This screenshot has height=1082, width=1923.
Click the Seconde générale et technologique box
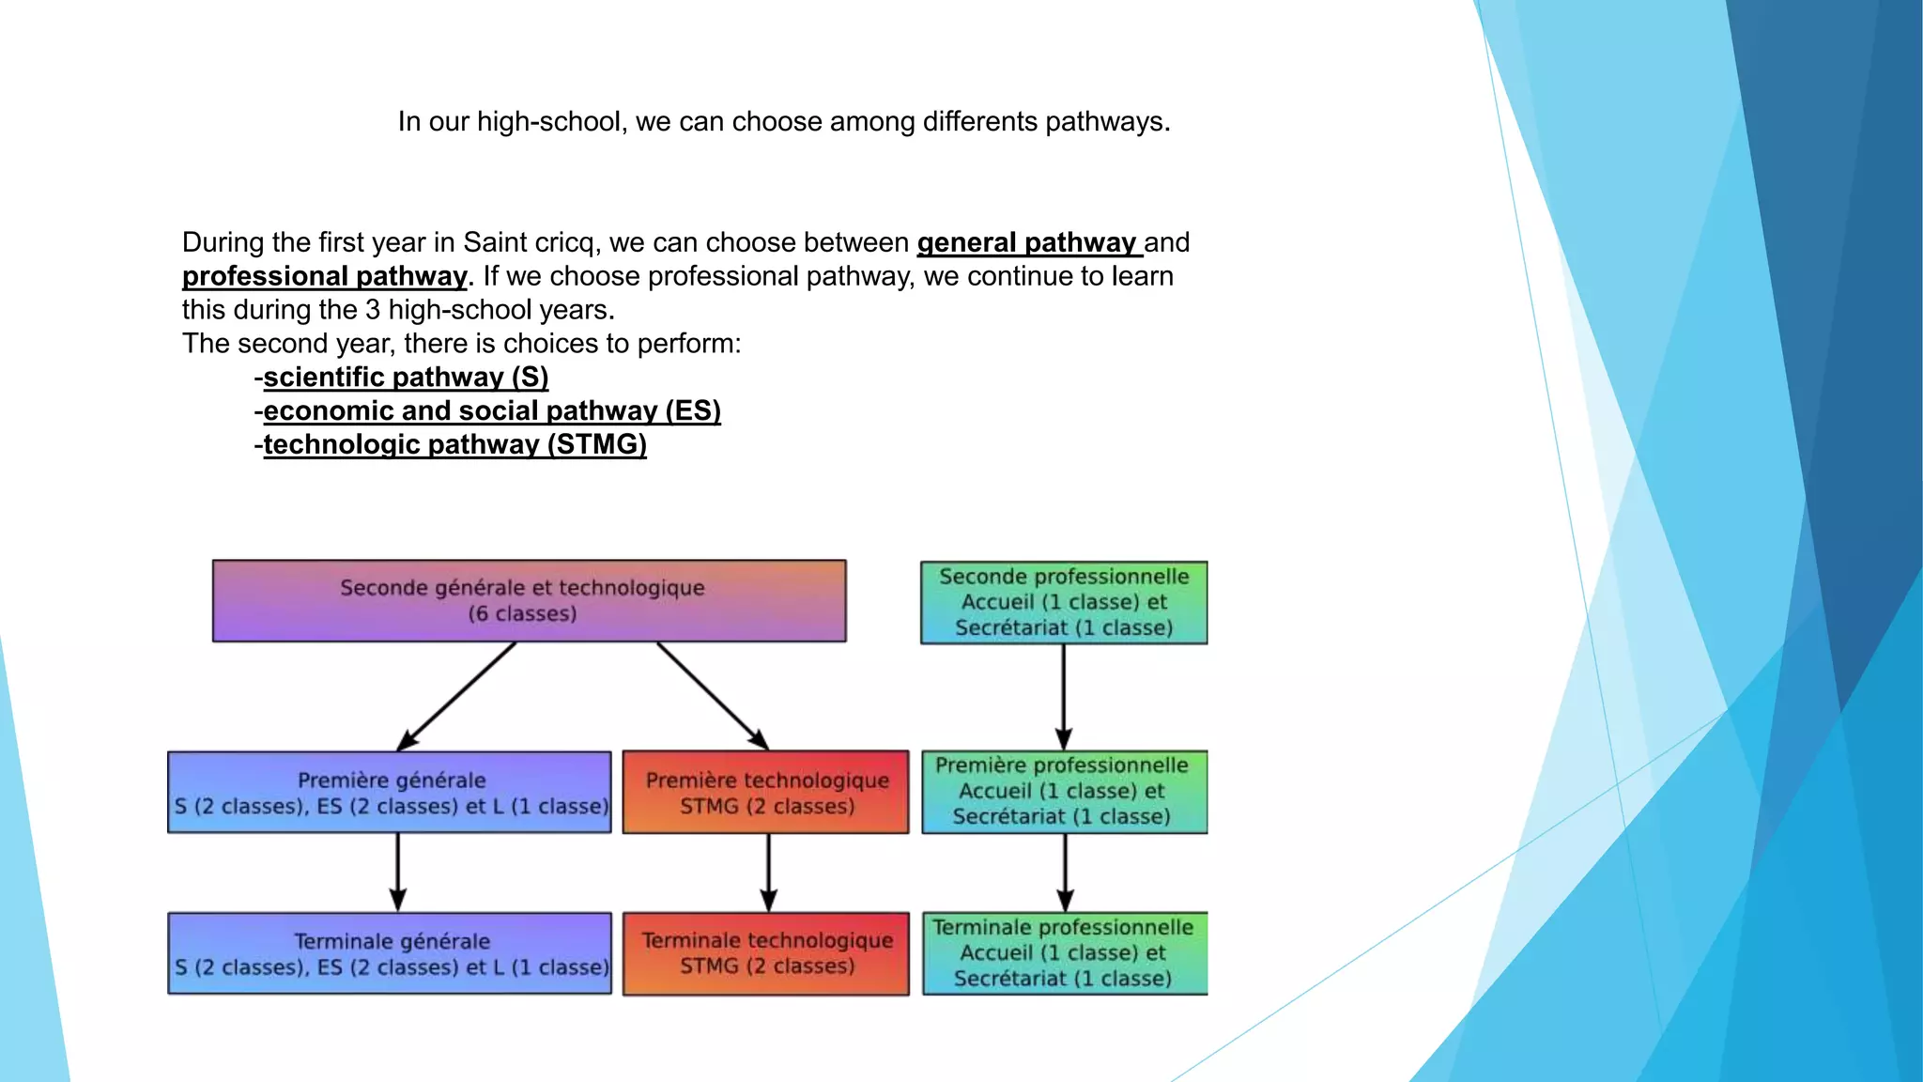pos(529,601)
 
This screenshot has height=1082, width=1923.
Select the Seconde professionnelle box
pos(1064,602)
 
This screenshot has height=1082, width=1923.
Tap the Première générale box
pos(390,792)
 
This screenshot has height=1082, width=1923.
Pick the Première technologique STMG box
pos(766,792)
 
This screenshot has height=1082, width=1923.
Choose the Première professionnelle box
pos(1064,792)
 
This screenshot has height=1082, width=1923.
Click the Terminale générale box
pos(390,953)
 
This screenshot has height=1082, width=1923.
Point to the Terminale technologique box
pos(766,953)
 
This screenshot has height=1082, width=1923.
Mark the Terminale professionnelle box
pos(1064,953)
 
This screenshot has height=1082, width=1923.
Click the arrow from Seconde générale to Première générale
pos(457,696)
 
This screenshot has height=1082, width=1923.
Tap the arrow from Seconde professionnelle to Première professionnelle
pos(1064,696)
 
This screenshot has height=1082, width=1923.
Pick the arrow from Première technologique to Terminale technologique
pos(769,873)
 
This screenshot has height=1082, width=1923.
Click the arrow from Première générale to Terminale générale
pos(398,873)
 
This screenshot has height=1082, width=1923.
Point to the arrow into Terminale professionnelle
pos(1065,873)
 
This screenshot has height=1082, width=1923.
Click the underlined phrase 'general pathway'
pos(1027,242)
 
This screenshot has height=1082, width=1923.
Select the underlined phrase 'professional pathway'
pos(324,276)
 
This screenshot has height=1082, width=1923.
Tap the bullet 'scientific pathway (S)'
pos(406,377)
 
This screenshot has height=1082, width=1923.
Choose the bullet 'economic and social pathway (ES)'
pos(492,410)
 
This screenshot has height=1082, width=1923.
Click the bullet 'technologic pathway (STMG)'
pos(454,444)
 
